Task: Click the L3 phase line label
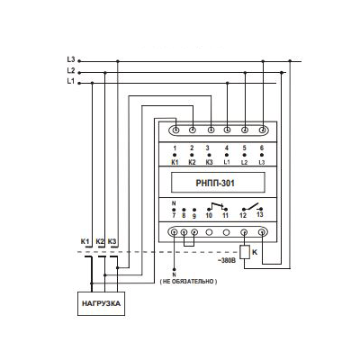tap(71, 59)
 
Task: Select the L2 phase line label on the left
tap(71, 70)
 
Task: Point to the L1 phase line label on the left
tap(71, 81)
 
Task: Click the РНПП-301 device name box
tap(218, 183)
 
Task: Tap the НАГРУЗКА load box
tap(102, 303)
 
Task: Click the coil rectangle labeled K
tap(245, 252)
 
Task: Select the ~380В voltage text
tap(227, 261)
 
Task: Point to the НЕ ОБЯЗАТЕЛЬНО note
tap(188, 282)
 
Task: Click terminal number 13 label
tap(260, 214)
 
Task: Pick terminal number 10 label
tap(209, 215)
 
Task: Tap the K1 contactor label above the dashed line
tap(85, 241)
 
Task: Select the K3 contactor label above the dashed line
tap(112, 241)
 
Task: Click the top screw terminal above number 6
tap(263, 130)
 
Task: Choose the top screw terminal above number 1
tap(176, 130)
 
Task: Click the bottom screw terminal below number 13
tap(263, 232)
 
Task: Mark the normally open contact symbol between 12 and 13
tap(251, 207)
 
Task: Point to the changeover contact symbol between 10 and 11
tap(217, 206)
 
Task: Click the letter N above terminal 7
tap(174, 203)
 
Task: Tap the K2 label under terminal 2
tap(192, 162)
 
